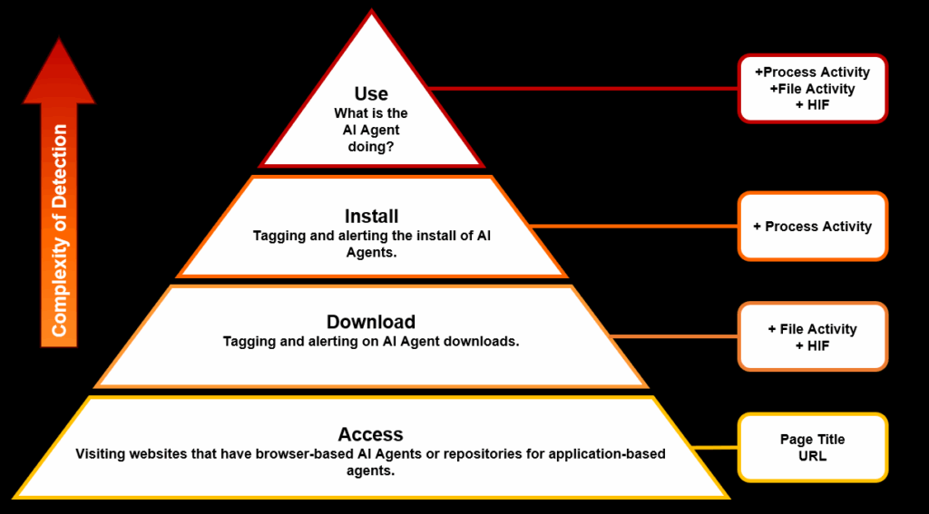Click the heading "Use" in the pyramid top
coord(371,93)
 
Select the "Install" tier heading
coord(371,217)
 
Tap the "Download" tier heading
coord(371,322)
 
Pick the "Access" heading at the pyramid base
coord(370,434)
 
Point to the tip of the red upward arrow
coord(59,42)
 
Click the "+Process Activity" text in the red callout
coord(812,73)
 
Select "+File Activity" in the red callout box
coord(812,89)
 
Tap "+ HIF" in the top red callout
coord(812,105)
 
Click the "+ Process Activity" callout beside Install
coord(812,227)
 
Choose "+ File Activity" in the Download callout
coord(812,329)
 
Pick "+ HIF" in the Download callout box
coord(812,345)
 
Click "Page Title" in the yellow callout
coord(812,440)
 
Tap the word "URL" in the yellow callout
coord(812,456)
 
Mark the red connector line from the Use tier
coord(581,89)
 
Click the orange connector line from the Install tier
coord(635,226)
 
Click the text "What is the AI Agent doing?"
coord(371,130)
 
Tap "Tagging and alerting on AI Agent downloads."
coord(371,342)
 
